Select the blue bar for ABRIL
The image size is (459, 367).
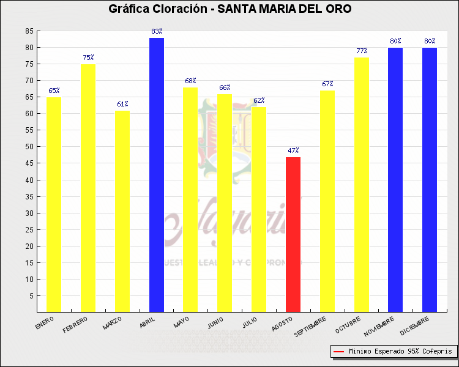(x=157, y=175)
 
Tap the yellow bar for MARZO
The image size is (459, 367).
(x=122, y=211)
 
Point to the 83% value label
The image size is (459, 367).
(x=157, y=31)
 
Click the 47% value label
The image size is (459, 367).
(x=293, y=150)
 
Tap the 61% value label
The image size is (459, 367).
(x=122, y=105)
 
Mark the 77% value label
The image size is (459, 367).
(x=362, y=51)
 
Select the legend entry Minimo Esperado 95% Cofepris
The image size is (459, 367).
(x=400, y=352)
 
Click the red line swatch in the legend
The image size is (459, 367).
(x=338, y=352)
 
